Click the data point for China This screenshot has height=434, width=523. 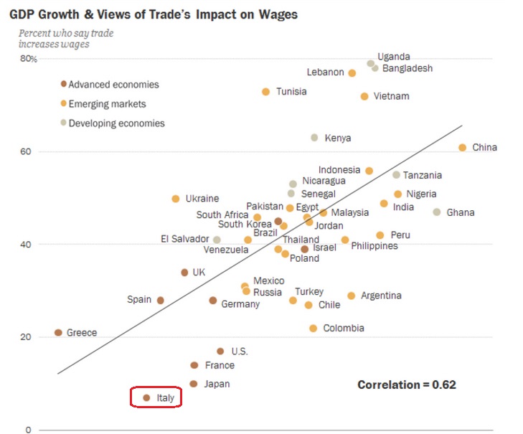tap(463, 148)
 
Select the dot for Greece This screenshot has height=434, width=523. tap(58, 333)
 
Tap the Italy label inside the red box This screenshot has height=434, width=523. tap(165, 397)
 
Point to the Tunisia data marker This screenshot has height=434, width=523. tap(265, 92)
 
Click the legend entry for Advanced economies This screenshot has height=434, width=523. tap(113, 85)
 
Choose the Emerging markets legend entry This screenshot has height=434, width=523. tap(107, 104)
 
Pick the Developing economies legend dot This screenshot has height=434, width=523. tap(64, 123)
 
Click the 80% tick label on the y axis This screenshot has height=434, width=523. tap(28, 59)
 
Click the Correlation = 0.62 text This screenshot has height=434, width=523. tap(407, 385)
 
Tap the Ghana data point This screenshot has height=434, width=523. tap(436, 212)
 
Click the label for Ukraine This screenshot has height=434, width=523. tap(202, 199)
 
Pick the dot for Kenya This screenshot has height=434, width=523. tap(314, 138)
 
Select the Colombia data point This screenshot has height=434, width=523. tap(313, 329)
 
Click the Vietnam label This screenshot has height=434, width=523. tap(391, 96)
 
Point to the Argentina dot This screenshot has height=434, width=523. tap(351, 296)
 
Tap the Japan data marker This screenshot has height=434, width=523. tap(193, 384)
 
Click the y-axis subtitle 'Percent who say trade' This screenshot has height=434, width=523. tap(66, 33)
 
